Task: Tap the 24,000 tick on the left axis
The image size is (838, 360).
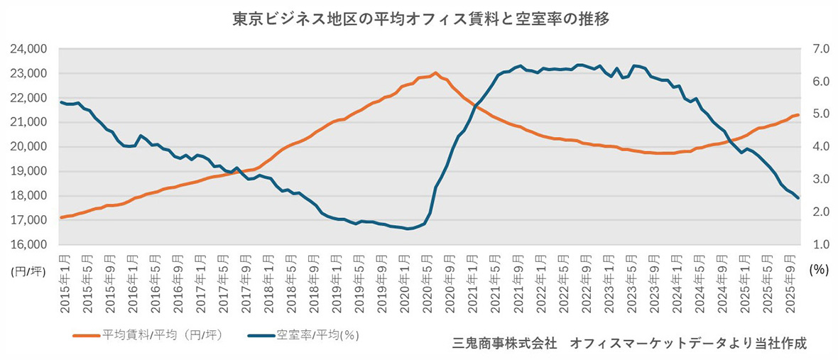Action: [28, 49]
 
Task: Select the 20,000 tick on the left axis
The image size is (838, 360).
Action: [28, 147]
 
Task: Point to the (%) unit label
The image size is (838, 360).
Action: [818, 269]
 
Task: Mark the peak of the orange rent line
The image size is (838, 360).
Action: [435, 72]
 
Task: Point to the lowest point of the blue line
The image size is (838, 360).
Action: [409, 229]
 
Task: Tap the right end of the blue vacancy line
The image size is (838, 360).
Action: [798, 198]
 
